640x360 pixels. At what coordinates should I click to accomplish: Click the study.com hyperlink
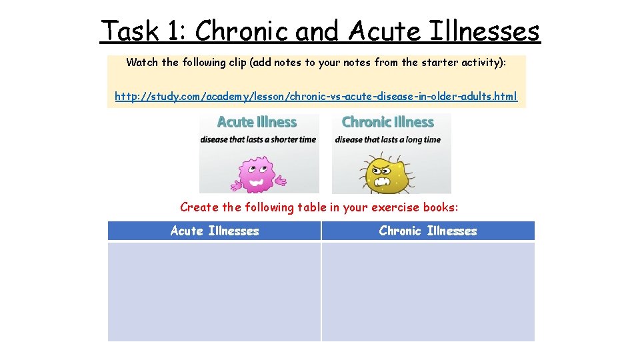click(x=315, y=97)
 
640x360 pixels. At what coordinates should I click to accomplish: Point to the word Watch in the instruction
click(x=142, y=63)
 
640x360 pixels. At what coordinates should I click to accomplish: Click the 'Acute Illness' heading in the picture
click(x=257, y=122)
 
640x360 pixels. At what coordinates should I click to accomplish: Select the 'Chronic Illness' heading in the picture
click(x=387, y=122)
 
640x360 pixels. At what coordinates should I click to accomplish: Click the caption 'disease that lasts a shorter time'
click(x=258, y=139)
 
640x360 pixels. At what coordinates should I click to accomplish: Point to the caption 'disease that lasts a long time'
click(x=387, y=139)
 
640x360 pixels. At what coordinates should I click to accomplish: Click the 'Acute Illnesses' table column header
click(x=215, y=231)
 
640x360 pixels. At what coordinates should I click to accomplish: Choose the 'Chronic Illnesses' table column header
click(x=428, y=231)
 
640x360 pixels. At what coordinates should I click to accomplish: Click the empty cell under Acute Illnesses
click(x=214, y=291)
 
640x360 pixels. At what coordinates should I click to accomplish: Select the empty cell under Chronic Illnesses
click(x=428, y=291)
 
